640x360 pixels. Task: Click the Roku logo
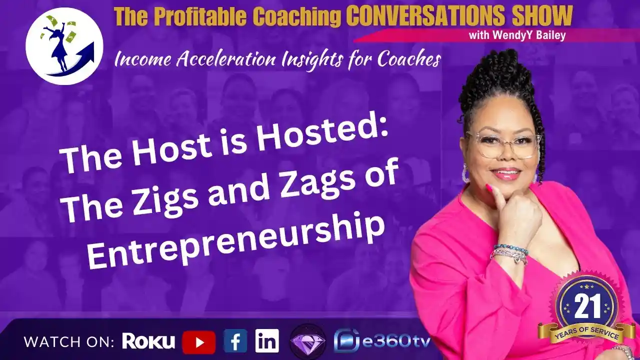[x=148, y=341]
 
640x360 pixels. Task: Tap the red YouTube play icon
[x=199, y=342]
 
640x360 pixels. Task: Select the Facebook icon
[x=235, y=340]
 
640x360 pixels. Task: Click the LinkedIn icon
[x=267, y=340]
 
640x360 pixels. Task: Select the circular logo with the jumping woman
[x=64, y=46]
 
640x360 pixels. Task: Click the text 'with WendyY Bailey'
[x=517, y=35]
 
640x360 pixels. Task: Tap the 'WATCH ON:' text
[x=69, y=342]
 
